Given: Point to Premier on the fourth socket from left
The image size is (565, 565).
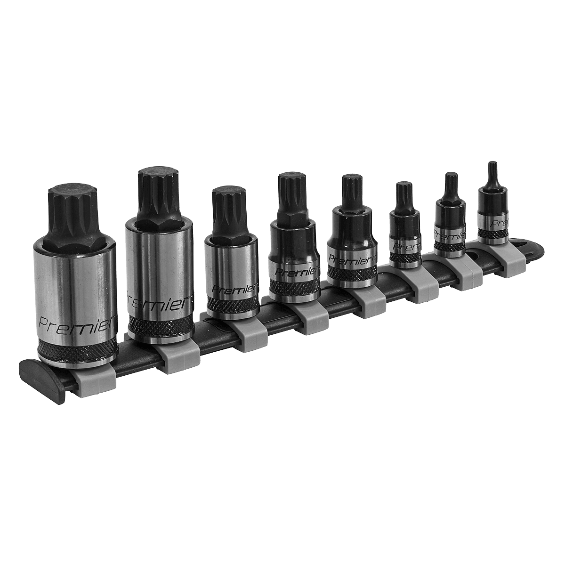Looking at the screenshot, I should pos(294,271).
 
